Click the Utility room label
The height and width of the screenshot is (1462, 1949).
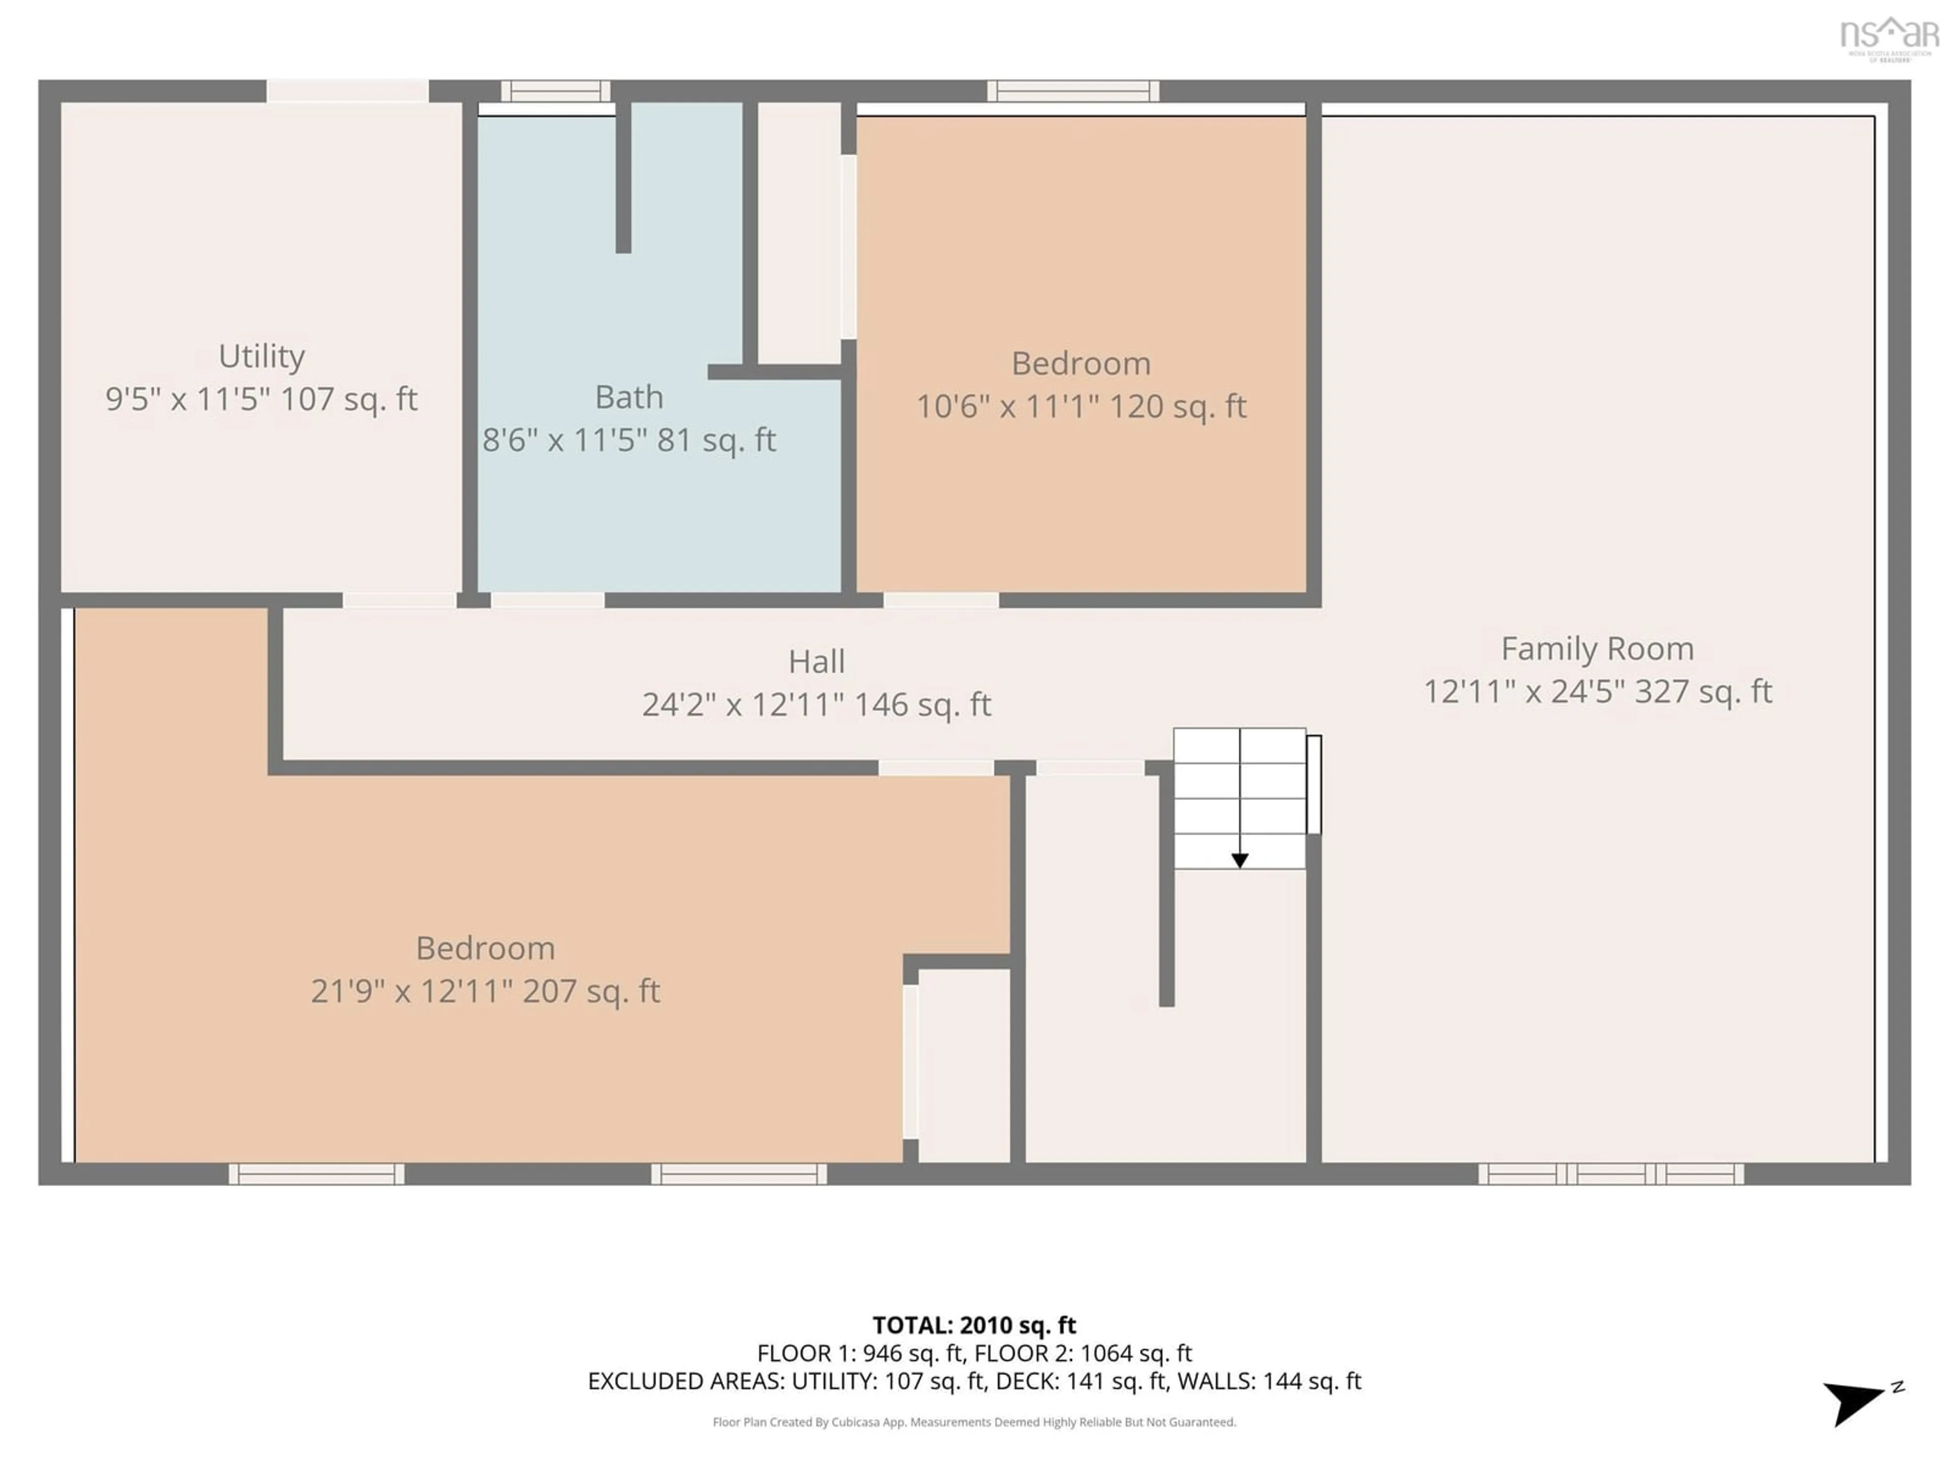[262, 356]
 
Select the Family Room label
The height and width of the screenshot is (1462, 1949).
[1597, 649]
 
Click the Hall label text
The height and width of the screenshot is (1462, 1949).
[816, 662]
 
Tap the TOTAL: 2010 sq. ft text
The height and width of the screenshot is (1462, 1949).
[973, 1325]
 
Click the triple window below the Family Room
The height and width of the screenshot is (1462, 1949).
[1610, 1174]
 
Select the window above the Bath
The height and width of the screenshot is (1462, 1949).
[555, 91]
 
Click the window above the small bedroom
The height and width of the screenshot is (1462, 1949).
[1072, 91]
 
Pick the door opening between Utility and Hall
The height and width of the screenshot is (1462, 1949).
[399, 600]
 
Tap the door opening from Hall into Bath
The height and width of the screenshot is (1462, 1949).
[547, 600]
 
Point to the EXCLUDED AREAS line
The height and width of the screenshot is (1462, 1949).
[973, 1381]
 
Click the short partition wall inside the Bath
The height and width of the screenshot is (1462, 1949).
[623, 176]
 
